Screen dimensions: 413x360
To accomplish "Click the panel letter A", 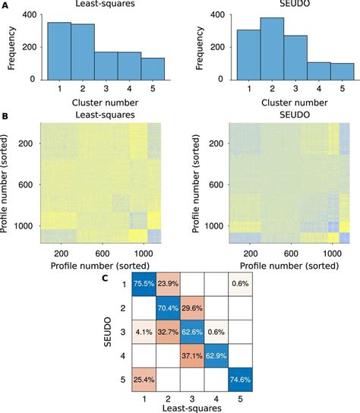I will (5, 5).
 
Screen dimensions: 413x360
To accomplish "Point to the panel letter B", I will (5, 117).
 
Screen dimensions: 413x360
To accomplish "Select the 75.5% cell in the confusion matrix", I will (141, 282).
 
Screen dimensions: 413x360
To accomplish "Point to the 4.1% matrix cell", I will (141, 336).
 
